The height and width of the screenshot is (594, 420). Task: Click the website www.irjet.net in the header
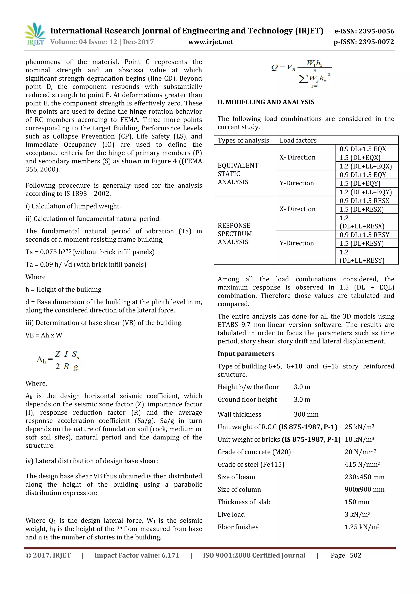tap(210, 42)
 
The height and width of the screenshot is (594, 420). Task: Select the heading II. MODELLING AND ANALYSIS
tap(266, 102)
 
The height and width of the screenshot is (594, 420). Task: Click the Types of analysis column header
tap(243, 140)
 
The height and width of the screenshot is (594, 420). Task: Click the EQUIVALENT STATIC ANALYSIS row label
tap(238, 174)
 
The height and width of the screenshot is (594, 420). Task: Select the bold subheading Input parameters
tap(246, 354)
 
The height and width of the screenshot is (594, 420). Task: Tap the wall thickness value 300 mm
tap(306, 414)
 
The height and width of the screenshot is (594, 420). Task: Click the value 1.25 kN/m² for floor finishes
tap(362, 527)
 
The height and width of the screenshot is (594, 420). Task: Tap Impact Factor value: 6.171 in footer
tap(137, 555)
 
